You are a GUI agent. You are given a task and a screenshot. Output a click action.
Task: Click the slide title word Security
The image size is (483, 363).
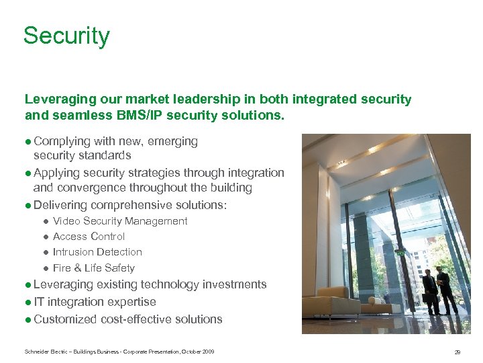[66, 36]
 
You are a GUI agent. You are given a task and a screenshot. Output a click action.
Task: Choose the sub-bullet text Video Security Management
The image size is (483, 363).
[120, 221]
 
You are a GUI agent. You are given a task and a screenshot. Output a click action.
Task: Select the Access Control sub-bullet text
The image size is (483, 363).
[89, 237]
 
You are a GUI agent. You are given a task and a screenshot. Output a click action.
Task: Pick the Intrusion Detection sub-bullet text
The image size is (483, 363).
[97, 252]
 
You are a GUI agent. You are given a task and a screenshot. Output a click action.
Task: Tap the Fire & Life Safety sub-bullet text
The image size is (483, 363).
[94, 268]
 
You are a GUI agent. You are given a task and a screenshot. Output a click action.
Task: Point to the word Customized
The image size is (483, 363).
[65, 319]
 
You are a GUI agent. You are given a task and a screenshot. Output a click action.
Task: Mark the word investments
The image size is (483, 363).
[234, 284]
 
